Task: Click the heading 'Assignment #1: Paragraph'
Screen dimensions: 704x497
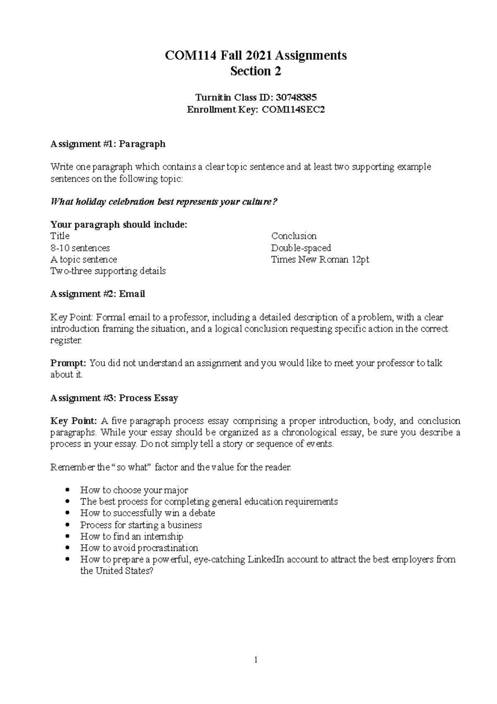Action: click(x=108, y=144)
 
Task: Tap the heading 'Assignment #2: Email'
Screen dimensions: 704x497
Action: click(x=97, y=294)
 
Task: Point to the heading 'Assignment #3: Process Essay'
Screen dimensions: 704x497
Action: click(x=114, y=398)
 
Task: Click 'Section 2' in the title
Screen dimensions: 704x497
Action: click(x=256, y=71)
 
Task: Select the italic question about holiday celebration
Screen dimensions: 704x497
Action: click(x=163, y=202)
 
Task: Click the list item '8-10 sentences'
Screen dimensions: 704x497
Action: click(x=80, y=248)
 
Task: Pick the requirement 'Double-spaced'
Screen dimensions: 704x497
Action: click(x=301, y=248)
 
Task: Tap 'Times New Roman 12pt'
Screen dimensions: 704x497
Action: click(x=320, y=260)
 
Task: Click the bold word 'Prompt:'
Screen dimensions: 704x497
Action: click(x=68, y=363)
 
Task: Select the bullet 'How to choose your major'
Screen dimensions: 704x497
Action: click(x=134, y=490)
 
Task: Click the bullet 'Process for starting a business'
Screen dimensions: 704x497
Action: click(x=141, y=525)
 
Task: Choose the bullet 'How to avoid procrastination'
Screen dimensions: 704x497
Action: click(x=139, y=548)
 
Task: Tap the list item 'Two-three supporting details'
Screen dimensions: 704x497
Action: click(x=108, y=271)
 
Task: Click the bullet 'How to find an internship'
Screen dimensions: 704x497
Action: click(x=132, y=536)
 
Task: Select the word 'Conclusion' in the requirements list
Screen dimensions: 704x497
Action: click(x=294, y=236)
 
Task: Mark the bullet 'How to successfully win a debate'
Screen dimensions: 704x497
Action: click(x=147, y=513)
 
